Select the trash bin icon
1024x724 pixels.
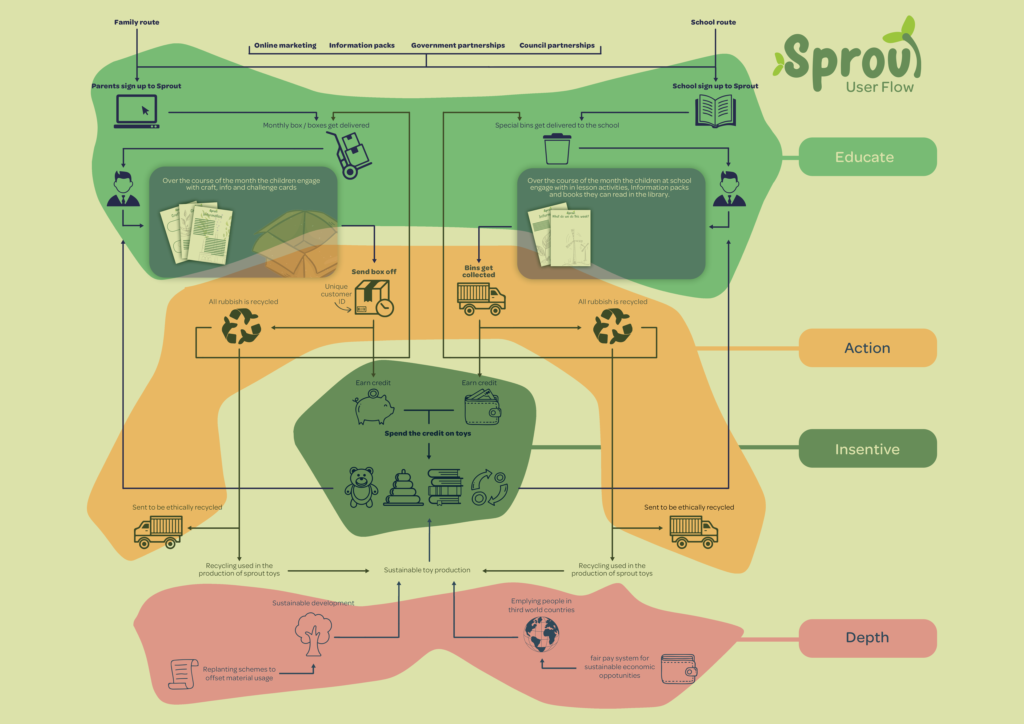click(557, 149)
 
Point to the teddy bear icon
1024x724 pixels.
click(361, 487)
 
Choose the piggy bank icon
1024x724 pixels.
click(374, 407)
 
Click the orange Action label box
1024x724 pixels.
click(867, 348)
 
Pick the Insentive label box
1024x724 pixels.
click(867, 449)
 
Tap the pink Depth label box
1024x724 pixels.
click(867, 638)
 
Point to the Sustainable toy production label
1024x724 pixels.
click(427, 570)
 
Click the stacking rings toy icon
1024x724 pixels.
click(403, 488)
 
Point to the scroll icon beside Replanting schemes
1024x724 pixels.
click(183, 674)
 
